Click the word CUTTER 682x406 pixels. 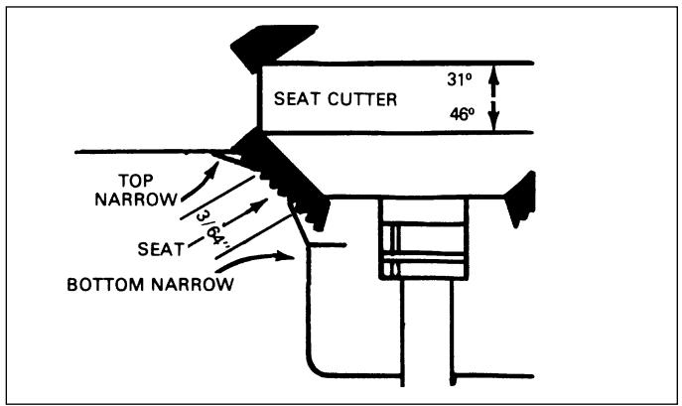click(x=362, y=99)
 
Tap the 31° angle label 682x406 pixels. click(x=459, y=78)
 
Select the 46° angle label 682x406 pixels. click(x=462, y=114)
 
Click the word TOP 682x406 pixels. click(x=136, y=181)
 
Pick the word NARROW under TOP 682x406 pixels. click(x=136, y=200)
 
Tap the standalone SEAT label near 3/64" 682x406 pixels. click(x=161, y=249)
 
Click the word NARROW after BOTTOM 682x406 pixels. click(x=193, y=285)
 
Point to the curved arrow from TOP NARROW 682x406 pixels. click(x=201, y=185)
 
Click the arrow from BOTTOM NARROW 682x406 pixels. click(x=254, y=260)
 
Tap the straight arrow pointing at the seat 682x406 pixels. click(x=246, y=211)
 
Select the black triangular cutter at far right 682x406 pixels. click(x=521, y=199)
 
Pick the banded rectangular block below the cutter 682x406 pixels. click(x=424, y=239)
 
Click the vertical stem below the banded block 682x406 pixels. click(x=427, y=333)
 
